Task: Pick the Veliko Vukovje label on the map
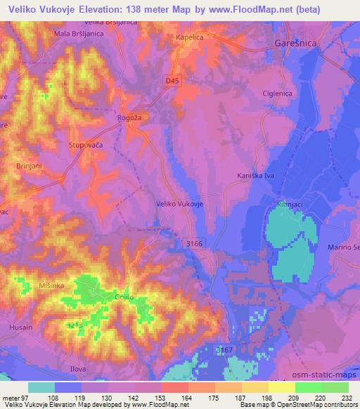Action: [179, 203]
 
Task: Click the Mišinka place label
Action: [33, 286]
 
